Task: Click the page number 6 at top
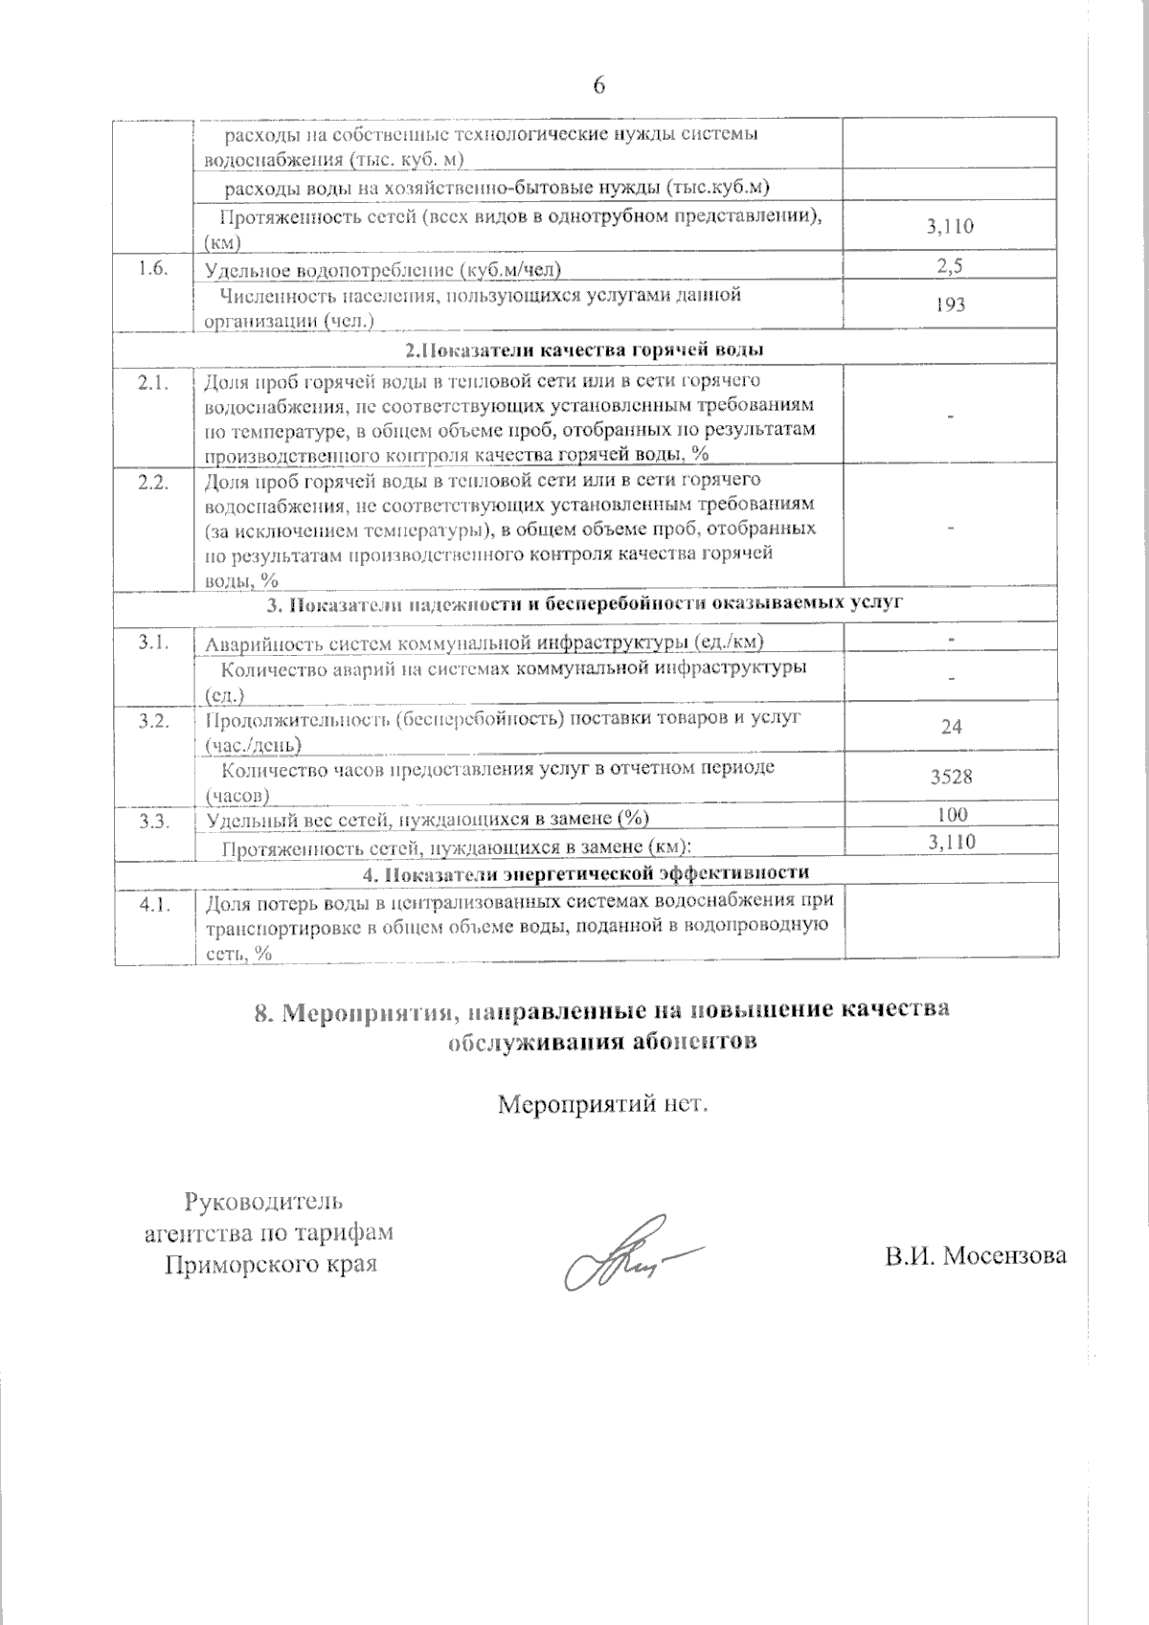[x=599, y=86]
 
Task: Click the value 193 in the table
[x=950, y=305]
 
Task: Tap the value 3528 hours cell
[x=951, y=777]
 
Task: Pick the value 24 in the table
[x=951, y=727]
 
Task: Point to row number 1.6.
[x=152, y=268]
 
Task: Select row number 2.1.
[x=153, y=383]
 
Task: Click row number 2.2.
[x=153, y=482]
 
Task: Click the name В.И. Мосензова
[x=975, y=1255]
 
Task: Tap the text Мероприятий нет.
[x=602, y=1104]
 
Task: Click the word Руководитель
[x=263, y=1201]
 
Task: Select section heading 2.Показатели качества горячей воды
[x=584, y=350]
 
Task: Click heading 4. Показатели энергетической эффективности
[x=585, y=872]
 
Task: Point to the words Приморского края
[x=270, y=1264]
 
